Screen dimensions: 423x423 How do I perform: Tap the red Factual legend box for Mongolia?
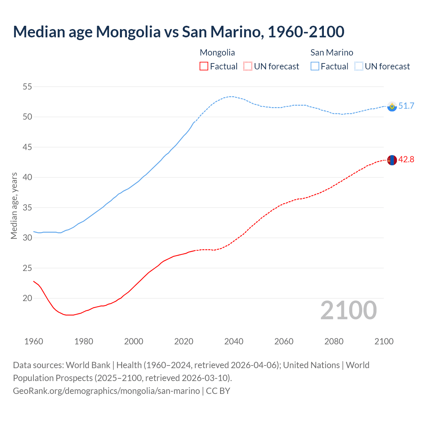click(204, 66)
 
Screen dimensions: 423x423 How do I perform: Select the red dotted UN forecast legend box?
click(248, 66)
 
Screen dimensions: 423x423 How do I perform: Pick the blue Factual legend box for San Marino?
click(315, 66)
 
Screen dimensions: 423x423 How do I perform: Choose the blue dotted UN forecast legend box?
click(359, 66)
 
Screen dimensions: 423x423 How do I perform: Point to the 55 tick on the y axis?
click(27, 87)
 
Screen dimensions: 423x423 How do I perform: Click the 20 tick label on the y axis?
click(27, 298)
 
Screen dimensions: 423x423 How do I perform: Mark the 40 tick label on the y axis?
click(27, 177)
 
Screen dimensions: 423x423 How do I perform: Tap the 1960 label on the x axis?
click(34, 341)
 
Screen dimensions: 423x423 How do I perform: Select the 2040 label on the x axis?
click(234, 341)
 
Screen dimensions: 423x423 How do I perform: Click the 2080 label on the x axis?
click(334, 341)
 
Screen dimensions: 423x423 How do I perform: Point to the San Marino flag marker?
click(392, 106)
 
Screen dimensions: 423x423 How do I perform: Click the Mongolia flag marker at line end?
click(392, 160)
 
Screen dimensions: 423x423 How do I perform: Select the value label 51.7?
click(406, 106)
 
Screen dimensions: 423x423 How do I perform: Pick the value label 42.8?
click(406, 159)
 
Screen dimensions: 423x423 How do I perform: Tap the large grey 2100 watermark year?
click(349, 310)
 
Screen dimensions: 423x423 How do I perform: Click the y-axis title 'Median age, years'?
click(14, 206)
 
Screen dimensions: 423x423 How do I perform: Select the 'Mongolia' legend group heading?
click(217, 53)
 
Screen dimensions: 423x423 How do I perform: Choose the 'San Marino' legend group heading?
click(332, 53)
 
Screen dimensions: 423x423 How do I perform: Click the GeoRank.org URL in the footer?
click(106, 391)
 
